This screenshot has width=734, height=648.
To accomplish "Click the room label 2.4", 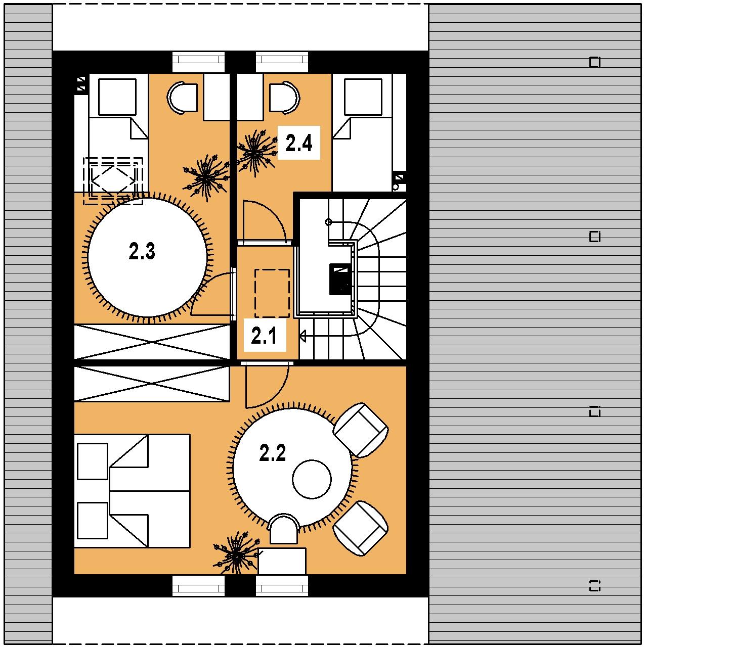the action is [298, 143].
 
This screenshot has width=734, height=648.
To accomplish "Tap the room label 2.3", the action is [142, 251].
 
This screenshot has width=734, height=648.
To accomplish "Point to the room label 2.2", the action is [273, 453].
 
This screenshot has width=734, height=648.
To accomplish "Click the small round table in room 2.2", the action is [312, 479].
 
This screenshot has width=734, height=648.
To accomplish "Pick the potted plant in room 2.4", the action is [256, 153].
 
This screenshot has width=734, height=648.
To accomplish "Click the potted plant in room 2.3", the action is [206, 178].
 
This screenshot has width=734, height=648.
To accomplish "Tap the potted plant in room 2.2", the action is [236, 553].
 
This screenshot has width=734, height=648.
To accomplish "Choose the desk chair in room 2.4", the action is [285, 97].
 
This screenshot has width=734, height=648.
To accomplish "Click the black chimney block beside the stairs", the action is [340, 279].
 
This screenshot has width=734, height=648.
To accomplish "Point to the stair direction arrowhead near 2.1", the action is [303, 336].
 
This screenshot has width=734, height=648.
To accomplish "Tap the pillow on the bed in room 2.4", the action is [363, 97].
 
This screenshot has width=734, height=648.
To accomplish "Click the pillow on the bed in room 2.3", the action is [117, 97].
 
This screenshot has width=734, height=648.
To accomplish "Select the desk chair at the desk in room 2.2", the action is [285, 529].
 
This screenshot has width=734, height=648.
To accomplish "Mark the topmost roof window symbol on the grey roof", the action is [594, 62].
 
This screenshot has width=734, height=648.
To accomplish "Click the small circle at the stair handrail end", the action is [329, 222].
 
